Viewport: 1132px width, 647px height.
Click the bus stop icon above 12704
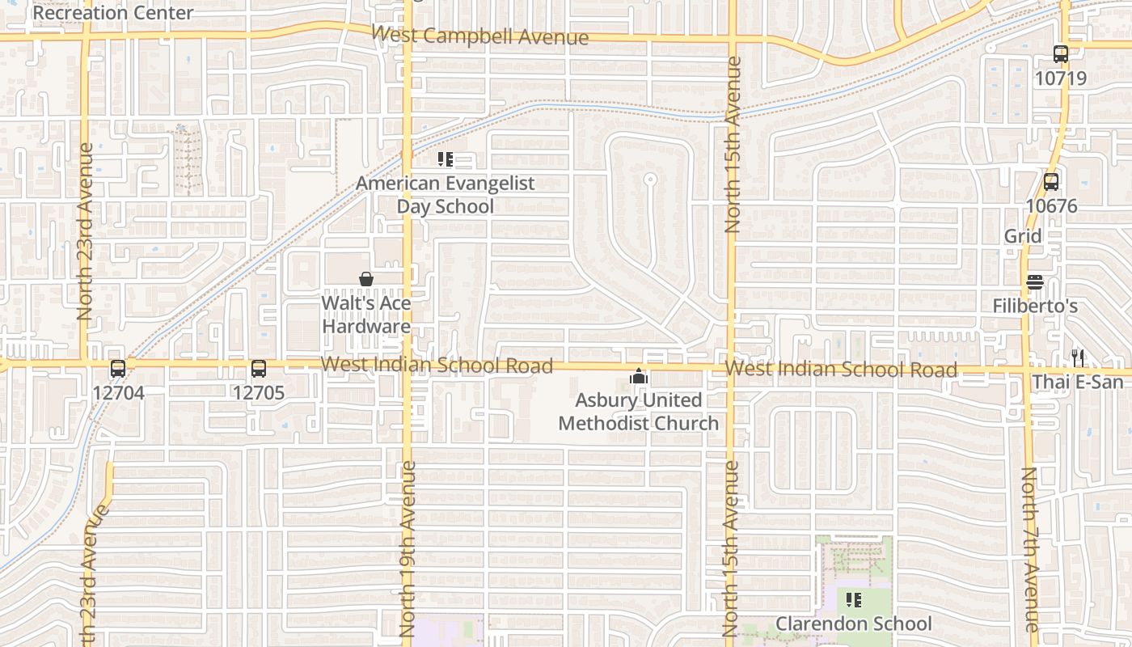118,369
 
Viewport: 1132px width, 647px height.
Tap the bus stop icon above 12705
259,369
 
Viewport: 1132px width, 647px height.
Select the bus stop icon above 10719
1061,54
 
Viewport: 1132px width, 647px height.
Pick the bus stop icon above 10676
1051,182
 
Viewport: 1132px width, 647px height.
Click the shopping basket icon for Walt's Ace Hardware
366,279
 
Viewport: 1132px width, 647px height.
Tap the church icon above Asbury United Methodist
639,376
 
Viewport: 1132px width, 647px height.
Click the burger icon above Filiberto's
1035,283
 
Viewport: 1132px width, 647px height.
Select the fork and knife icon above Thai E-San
1078,357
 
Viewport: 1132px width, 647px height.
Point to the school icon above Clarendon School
853,600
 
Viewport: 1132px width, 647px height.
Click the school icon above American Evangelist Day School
446,159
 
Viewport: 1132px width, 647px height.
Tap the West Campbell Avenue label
480,36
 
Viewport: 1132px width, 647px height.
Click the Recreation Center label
112,13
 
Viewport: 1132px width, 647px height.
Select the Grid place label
1023,236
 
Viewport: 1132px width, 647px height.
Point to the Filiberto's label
1035,307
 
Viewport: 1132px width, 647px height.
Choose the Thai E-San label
1078,382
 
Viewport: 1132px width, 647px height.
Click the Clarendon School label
853,624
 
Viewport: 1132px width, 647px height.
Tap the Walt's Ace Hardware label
366,315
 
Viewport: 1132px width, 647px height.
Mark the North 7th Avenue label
1029,550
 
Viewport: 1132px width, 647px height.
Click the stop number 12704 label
118,393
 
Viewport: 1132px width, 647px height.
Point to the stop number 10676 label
1051,206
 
